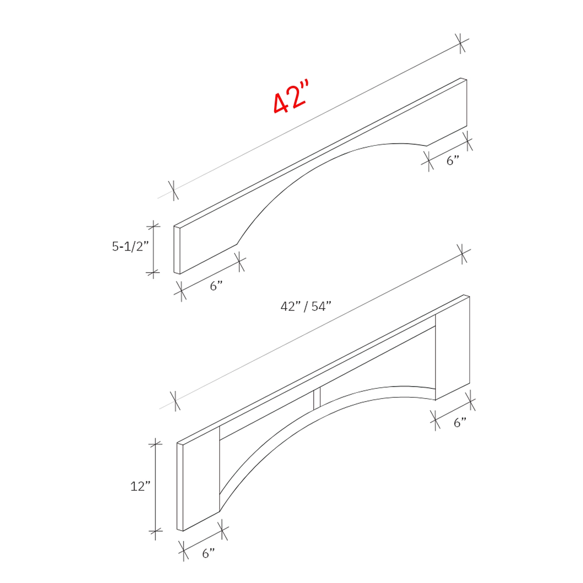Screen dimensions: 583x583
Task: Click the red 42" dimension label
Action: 290,99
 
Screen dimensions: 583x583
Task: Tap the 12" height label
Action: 139,486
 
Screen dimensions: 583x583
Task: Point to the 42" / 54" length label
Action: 306,307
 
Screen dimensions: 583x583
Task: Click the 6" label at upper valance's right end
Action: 452,161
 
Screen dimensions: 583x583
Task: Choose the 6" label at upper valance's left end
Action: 216,286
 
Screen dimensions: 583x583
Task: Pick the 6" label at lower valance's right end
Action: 459,423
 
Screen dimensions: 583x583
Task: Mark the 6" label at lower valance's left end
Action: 208,553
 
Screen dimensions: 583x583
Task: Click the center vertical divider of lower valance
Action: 317,398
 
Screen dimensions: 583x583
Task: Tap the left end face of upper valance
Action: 176,250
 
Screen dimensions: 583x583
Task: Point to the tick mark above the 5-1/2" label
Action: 154,227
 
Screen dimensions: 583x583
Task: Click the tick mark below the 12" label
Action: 155,532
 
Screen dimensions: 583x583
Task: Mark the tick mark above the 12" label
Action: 155,444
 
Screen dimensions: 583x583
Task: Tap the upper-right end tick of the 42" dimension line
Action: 460,43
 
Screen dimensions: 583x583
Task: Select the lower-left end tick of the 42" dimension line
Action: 174,190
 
